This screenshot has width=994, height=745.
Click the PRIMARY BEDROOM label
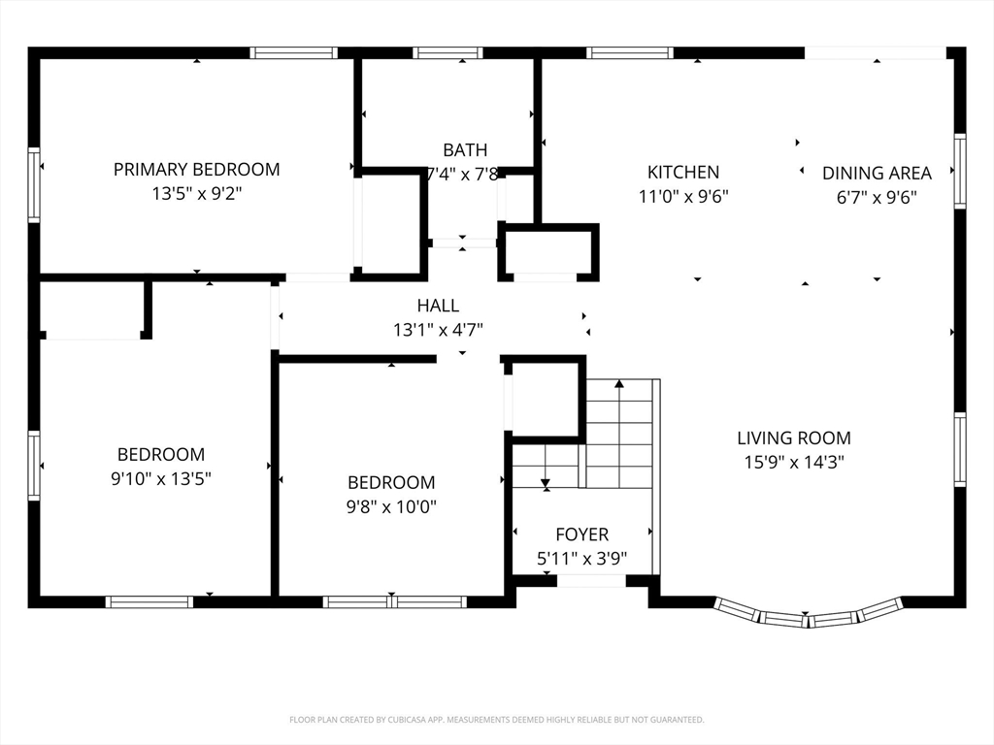point(196,170)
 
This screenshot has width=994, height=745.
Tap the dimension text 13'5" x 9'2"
point(196,193)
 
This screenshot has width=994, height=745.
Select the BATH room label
point(465,150)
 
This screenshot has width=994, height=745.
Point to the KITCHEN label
point(683,173)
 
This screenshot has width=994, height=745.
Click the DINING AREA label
point(877,173)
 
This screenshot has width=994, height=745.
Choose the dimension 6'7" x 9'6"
point(877,197)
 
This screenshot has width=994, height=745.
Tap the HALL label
point(438,306)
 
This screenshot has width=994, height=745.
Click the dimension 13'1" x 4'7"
point(438,330)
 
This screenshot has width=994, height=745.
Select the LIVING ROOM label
point(794,437)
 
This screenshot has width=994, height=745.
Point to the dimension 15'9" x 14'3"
point(794,462)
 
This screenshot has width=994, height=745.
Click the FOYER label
point(582,534)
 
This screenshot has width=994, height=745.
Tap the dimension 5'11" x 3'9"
point(582,558)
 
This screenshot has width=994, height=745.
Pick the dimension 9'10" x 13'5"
point(161,478)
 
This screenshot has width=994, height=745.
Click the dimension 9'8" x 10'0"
point(391,506)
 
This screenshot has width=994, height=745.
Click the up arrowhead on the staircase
point(619,383)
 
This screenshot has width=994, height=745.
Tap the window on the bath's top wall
point(447,52)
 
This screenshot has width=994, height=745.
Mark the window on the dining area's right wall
point(960,171)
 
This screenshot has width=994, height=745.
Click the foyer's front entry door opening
point(591,581)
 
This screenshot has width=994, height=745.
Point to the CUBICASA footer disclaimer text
point(496,720)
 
